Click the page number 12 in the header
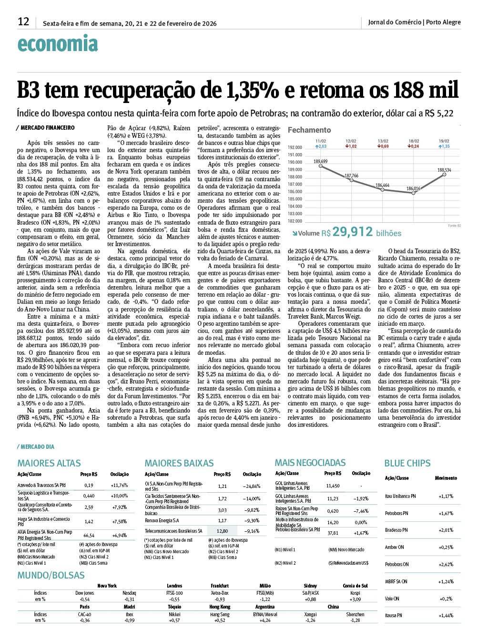(x=23, y=22)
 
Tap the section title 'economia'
(x=57, y=44)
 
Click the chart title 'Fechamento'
(x=309, y=130)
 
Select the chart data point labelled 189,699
(x=321, y=166)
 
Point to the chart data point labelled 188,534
(x=445, y=175)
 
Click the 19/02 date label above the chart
(x=444, y=141)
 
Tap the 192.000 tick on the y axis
(x=295, y=147)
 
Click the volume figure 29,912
(x=353, y=232)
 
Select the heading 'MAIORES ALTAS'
(x=49, y=463)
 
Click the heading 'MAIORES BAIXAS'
(x=179, y=463)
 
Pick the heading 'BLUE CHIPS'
(x=407, y=463)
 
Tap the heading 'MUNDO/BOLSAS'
(x=51, y=575)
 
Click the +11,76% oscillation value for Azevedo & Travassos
(x=119, y=485)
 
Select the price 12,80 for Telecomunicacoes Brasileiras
(x=222, y=531)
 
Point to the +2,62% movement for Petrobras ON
(x=446, y=564)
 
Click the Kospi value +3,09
(x=355, y=599)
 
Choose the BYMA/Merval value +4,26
(x=265, y=620)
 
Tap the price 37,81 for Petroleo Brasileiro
(x=333, y=533)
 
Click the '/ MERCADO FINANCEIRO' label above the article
(x=45, y=128)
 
